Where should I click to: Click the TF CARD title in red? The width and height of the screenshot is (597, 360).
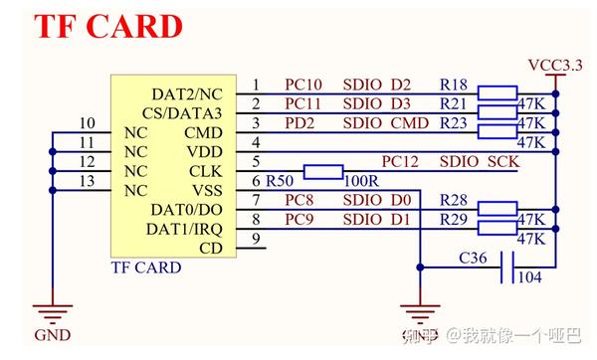click(x=109, y=26)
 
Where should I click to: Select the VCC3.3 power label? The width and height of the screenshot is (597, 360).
click(x=554, y=66)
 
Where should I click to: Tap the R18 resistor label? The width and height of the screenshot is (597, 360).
click(x=454, y=86)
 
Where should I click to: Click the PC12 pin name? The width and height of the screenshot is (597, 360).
click(x=401, y=161)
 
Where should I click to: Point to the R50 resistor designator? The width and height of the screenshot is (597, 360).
click(x=280, y=181)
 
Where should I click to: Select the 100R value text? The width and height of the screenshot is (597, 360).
click(x=361, y=182)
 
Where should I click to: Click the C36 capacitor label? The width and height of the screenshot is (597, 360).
click(x=473, y=258)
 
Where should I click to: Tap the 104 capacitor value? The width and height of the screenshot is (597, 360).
click(x=529, y=277)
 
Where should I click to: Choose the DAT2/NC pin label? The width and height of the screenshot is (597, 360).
click(x=189, y=94)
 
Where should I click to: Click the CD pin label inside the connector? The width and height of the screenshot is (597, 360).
click(x=211, y=248)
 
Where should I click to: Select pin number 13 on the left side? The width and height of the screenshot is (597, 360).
click(x=87, y=180)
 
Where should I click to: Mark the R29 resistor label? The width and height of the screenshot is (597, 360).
click(x=454, y=219)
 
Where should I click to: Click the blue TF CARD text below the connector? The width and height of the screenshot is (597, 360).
click(x=145, y=268)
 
